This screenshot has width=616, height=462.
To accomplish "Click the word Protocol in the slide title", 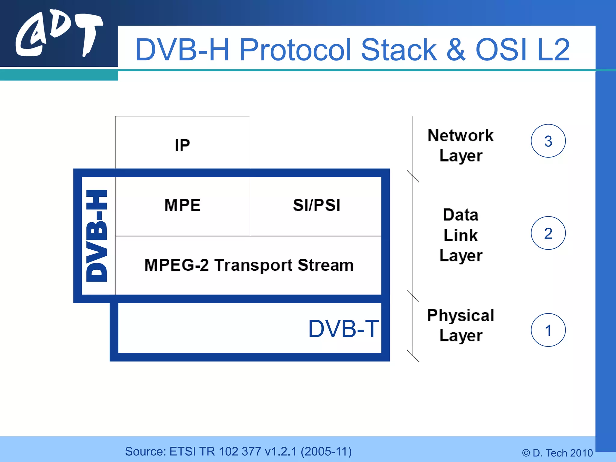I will click(x=295, y=50).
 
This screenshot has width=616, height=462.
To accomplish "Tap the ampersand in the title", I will click(x=456, y=50).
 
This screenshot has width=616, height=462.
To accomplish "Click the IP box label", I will click(x=182, y=146).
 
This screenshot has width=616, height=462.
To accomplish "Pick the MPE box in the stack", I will click(x=182, y=205).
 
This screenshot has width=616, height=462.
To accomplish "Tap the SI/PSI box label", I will click(x=316, y=205).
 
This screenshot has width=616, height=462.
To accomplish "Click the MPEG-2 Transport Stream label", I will click(x=249, y=265).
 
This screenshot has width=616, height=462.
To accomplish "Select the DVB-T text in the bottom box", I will click(x=343, y=329).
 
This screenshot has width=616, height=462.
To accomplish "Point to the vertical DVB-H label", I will click(x=97, y=236).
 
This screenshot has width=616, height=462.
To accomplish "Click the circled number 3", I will click(x=548, y=141).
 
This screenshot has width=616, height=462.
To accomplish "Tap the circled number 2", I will click(x=548, y=233).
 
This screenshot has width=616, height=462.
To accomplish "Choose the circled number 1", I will click(x=548, y=330).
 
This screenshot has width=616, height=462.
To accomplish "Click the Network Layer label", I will click(x=460, y=146).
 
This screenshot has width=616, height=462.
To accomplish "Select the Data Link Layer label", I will click(x=460, y=235).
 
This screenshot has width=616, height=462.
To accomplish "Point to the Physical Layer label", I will click(x=460, y=325).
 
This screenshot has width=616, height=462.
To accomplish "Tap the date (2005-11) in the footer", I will click(x=326, y=451).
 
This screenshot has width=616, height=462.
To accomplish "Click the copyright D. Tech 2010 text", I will click(x=557, y=453).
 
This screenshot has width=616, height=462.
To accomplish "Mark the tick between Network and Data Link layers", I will click(x=413, y=176).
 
